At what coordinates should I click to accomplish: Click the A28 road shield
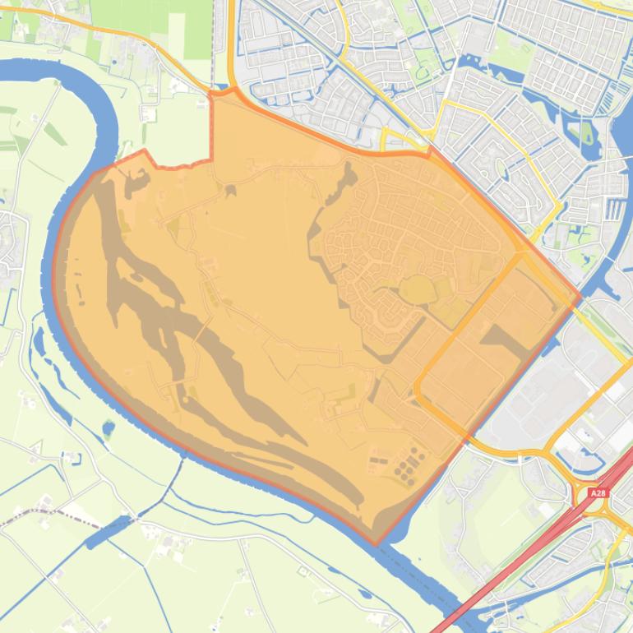tap(598, 493)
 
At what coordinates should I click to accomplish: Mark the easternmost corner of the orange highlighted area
tap(580, 296)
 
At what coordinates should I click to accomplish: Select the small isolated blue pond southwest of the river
tap(109, 427)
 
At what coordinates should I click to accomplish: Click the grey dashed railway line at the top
tap(215, 41)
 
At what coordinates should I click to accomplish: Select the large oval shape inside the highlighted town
tap(417, 289)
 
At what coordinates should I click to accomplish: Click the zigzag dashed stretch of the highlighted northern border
tap(177, 164)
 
